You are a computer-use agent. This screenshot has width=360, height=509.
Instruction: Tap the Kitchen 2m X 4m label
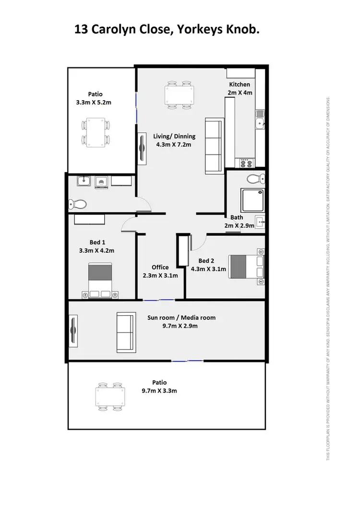(x=240, y=88)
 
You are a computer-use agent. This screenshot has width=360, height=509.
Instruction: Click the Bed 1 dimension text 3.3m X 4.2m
(x=98, y=250)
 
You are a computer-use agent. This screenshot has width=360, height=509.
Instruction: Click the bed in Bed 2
(x=246, y=266)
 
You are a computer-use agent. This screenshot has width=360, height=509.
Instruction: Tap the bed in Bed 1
(x=100, y=280)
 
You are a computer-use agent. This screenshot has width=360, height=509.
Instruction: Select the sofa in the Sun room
(x=125, y=332)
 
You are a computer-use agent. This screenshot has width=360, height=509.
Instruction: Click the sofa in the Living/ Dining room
(x=214, y=146)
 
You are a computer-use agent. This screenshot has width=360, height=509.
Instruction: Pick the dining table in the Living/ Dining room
(x=180, y=95)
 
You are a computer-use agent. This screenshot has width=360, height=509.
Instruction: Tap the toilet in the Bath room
(x=253, y=179)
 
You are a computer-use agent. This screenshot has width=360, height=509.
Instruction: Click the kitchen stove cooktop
(x=246, y=164)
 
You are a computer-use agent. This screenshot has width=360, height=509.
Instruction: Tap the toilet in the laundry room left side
(x=77, y=204)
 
